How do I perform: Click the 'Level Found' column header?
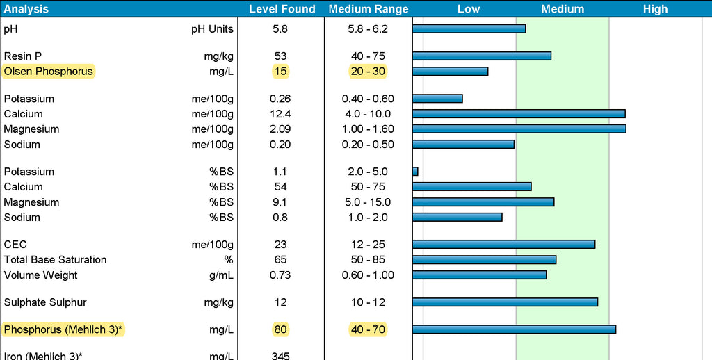point(282,9)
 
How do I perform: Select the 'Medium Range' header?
point(369,9)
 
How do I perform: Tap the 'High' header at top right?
point(655,9)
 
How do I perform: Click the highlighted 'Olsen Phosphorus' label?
point(48,71)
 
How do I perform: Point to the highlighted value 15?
point(280,71)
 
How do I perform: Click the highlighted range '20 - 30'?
point(368,71)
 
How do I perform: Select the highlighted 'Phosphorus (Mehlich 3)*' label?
point(63,329)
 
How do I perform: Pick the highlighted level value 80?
point(280,329)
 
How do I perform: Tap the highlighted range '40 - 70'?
point(368,329)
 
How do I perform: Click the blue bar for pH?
point(469,28)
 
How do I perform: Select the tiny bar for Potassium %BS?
point(415,171)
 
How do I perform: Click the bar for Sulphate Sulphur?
point(505,302)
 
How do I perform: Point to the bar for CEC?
point(503,244)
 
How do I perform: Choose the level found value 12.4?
point(280,114)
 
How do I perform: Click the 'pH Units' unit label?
point(213,29)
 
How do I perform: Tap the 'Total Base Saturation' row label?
point(55,260)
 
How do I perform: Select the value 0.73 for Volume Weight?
point(280,275)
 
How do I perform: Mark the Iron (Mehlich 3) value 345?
point(280,356)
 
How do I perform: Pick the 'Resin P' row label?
point(18,56)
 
